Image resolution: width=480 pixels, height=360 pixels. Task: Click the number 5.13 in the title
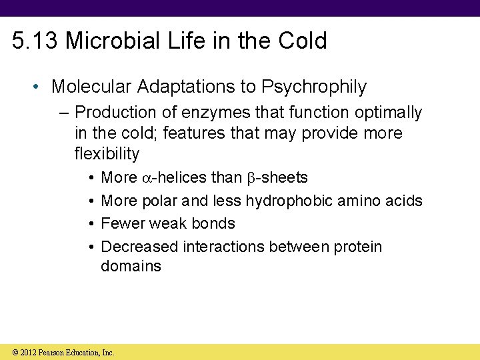pos(35,41)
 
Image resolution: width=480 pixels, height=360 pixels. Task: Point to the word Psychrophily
pos(314,87)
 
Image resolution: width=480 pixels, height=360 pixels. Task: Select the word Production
pos(113,113)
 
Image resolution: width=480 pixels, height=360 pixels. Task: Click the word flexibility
pos(107,154)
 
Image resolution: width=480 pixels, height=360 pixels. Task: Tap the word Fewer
pos(121,223)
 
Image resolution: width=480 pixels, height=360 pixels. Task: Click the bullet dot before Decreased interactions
pos(89,247)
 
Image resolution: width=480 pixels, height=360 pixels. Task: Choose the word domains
pos(131,267)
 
